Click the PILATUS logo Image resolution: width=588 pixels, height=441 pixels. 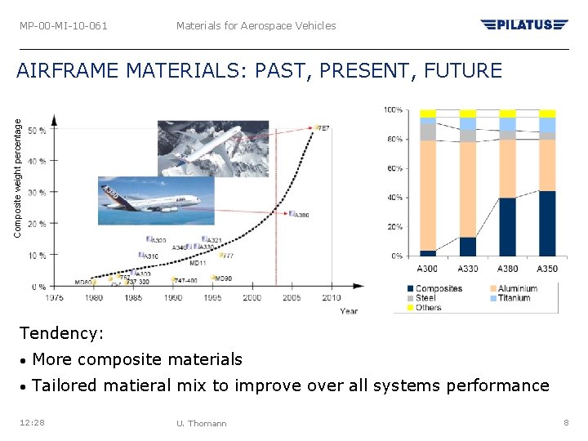pos(523,25)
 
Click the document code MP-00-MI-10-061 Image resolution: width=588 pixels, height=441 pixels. pos(64,26)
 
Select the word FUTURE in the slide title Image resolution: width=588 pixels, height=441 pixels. pos(462,71)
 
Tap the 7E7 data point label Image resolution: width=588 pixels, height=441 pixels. pos(323,128)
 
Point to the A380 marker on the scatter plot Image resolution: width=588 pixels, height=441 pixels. pos(292,213)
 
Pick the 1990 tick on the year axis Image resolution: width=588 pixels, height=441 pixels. pos(172,298)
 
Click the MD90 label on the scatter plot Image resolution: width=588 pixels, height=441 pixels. pos(221,278)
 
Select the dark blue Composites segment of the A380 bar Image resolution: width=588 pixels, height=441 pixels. pos(507,227)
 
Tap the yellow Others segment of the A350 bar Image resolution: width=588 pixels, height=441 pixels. pos(547,114)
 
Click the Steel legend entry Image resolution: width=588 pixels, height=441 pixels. pos(426,298)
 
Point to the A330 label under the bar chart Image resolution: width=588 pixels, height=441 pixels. pos(468,269)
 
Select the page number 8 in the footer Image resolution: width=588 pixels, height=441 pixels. pos(565,422)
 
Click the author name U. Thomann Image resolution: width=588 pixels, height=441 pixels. pos(202,423)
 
